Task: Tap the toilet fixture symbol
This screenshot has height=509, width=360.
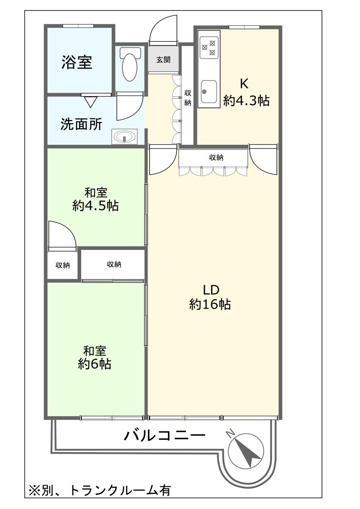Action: (x=130, y=64)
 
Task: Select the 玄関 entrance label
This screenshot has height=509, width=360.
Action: (x=163, y=60)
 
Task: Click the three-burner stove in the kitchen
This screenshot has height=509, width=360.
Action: (x=209, y=47)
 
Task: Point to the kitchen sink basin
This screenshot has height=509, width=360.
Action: (x=209, y=91)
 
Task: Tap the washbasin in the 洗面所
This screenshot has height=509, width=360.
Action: (x=125, y=136)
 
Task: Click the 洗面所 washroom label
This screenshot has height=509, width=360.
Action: (x=81, y=124)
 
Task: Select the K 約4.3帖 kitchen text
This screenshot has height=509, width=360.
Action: (x=246, y=93)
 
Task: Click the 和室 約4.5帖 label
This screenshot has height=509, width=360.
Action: (x=95, y=200)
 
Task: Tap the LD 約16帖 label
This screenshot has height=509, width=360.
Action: (x=210, y=297)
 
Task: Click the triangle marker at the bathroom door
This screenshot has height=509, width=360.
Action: (x=90, y=102)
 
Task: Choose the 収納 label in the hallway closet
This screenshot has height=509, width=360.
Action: (x=188, y=98)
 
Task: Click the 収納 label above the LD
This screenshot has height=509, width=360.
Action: (x=216, y=157)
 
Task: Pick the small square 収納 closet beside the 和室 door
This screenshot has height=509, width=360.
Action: (x=62, y=265)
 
